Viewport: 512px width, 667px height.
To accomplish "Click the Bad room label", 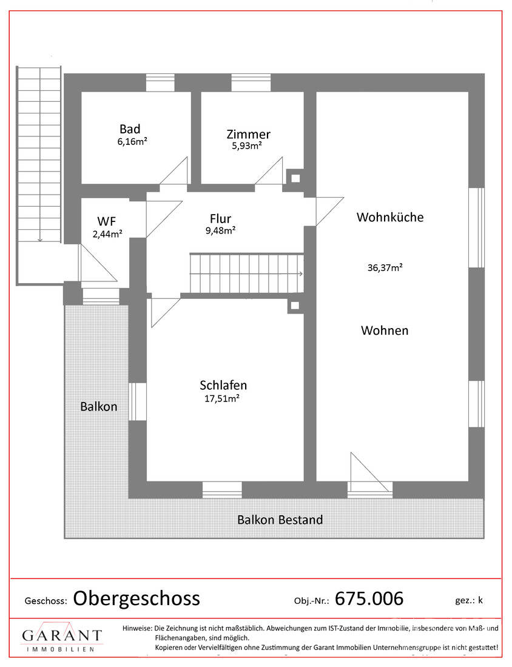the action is (x=130, y=129).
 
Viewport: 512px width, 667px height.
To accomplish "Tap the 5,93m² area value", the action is (x=247, y=146).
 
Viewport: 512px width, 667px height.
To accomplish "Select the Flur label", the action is (x=221, y=218).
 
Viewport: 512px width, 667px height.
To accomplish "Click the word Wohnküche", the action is (x=390, y=217).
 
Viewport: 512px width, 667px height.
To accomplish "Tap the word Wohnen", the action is (x=385, y=330).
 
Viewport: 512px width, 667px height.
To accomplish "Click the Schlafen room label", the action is (x=223, y=385).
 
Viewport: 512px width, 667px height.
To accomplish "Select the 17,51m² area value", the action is (x=221, y=398).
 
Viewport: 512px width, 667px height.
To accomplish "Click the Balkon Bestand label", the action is (x=280, y=520).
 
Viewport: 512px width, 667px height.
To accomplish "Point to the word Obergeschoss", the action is (x=136, y=598).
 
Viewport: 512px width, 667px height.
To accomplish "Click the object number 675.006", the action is (x=369, y=598).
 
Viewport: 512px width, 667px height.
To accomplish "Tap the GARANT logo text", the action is (x=62, y=635).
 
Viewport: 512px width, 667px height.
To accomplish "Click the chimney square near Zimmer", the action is (x=295, y=178).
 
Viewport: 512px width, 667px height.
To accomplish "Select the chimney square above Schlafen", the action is (x=295, y=306).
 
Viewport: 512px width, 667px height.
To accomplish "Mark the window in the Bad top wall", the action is (x=160, y=82).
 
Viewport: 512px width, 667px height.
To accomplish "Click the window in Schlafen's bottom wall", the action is (x=221, y=489).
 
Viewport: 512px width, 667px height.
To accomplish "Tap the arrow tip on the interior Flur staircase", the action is (x=301, y=274).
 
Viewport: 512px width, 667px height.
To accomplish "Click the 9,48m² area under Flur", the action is (x=221, y=230).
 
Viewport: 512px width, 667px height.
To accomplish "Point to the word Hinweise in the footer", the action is (x=138, y=628).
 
